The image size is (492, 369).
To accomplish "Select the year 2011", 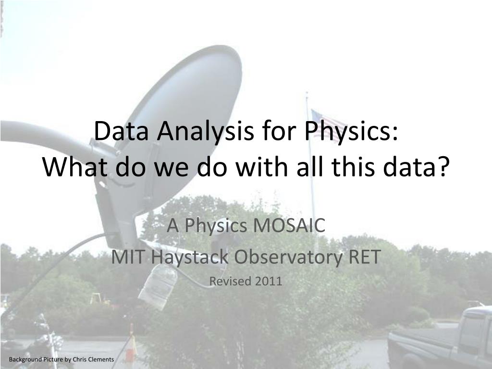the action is click(x=269, y=281).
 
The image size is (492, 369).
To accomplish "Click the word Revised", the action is click(x=230, y=281).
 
